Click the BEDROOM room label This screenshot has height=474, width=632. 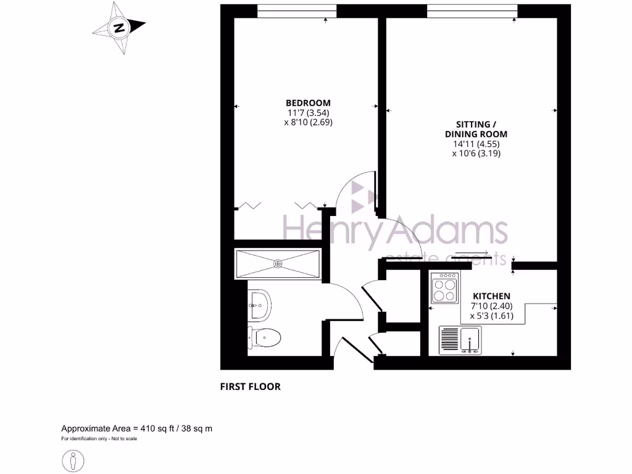pos(308,102)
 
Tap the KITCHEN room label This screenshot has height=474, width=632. pos(491,296)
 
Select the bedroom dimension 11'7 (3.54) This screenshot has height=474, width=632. pos(308,112)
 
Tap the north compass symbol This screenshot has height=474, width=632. pos(118,27)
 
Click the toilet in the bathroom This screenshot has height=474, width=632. pos(265,337)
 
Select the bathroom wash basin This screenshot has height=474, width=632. pos(259,304)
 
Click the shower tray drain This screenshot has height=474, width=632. pos(278,264)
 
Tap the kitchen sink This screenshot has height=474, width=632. pos(471,340)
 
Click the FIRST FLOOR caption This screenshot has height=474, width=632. pos(250,387)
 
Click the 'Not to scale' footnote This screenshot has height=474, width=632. pos(122,439)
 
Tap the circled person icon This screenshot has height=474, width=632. pos(73,460)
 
